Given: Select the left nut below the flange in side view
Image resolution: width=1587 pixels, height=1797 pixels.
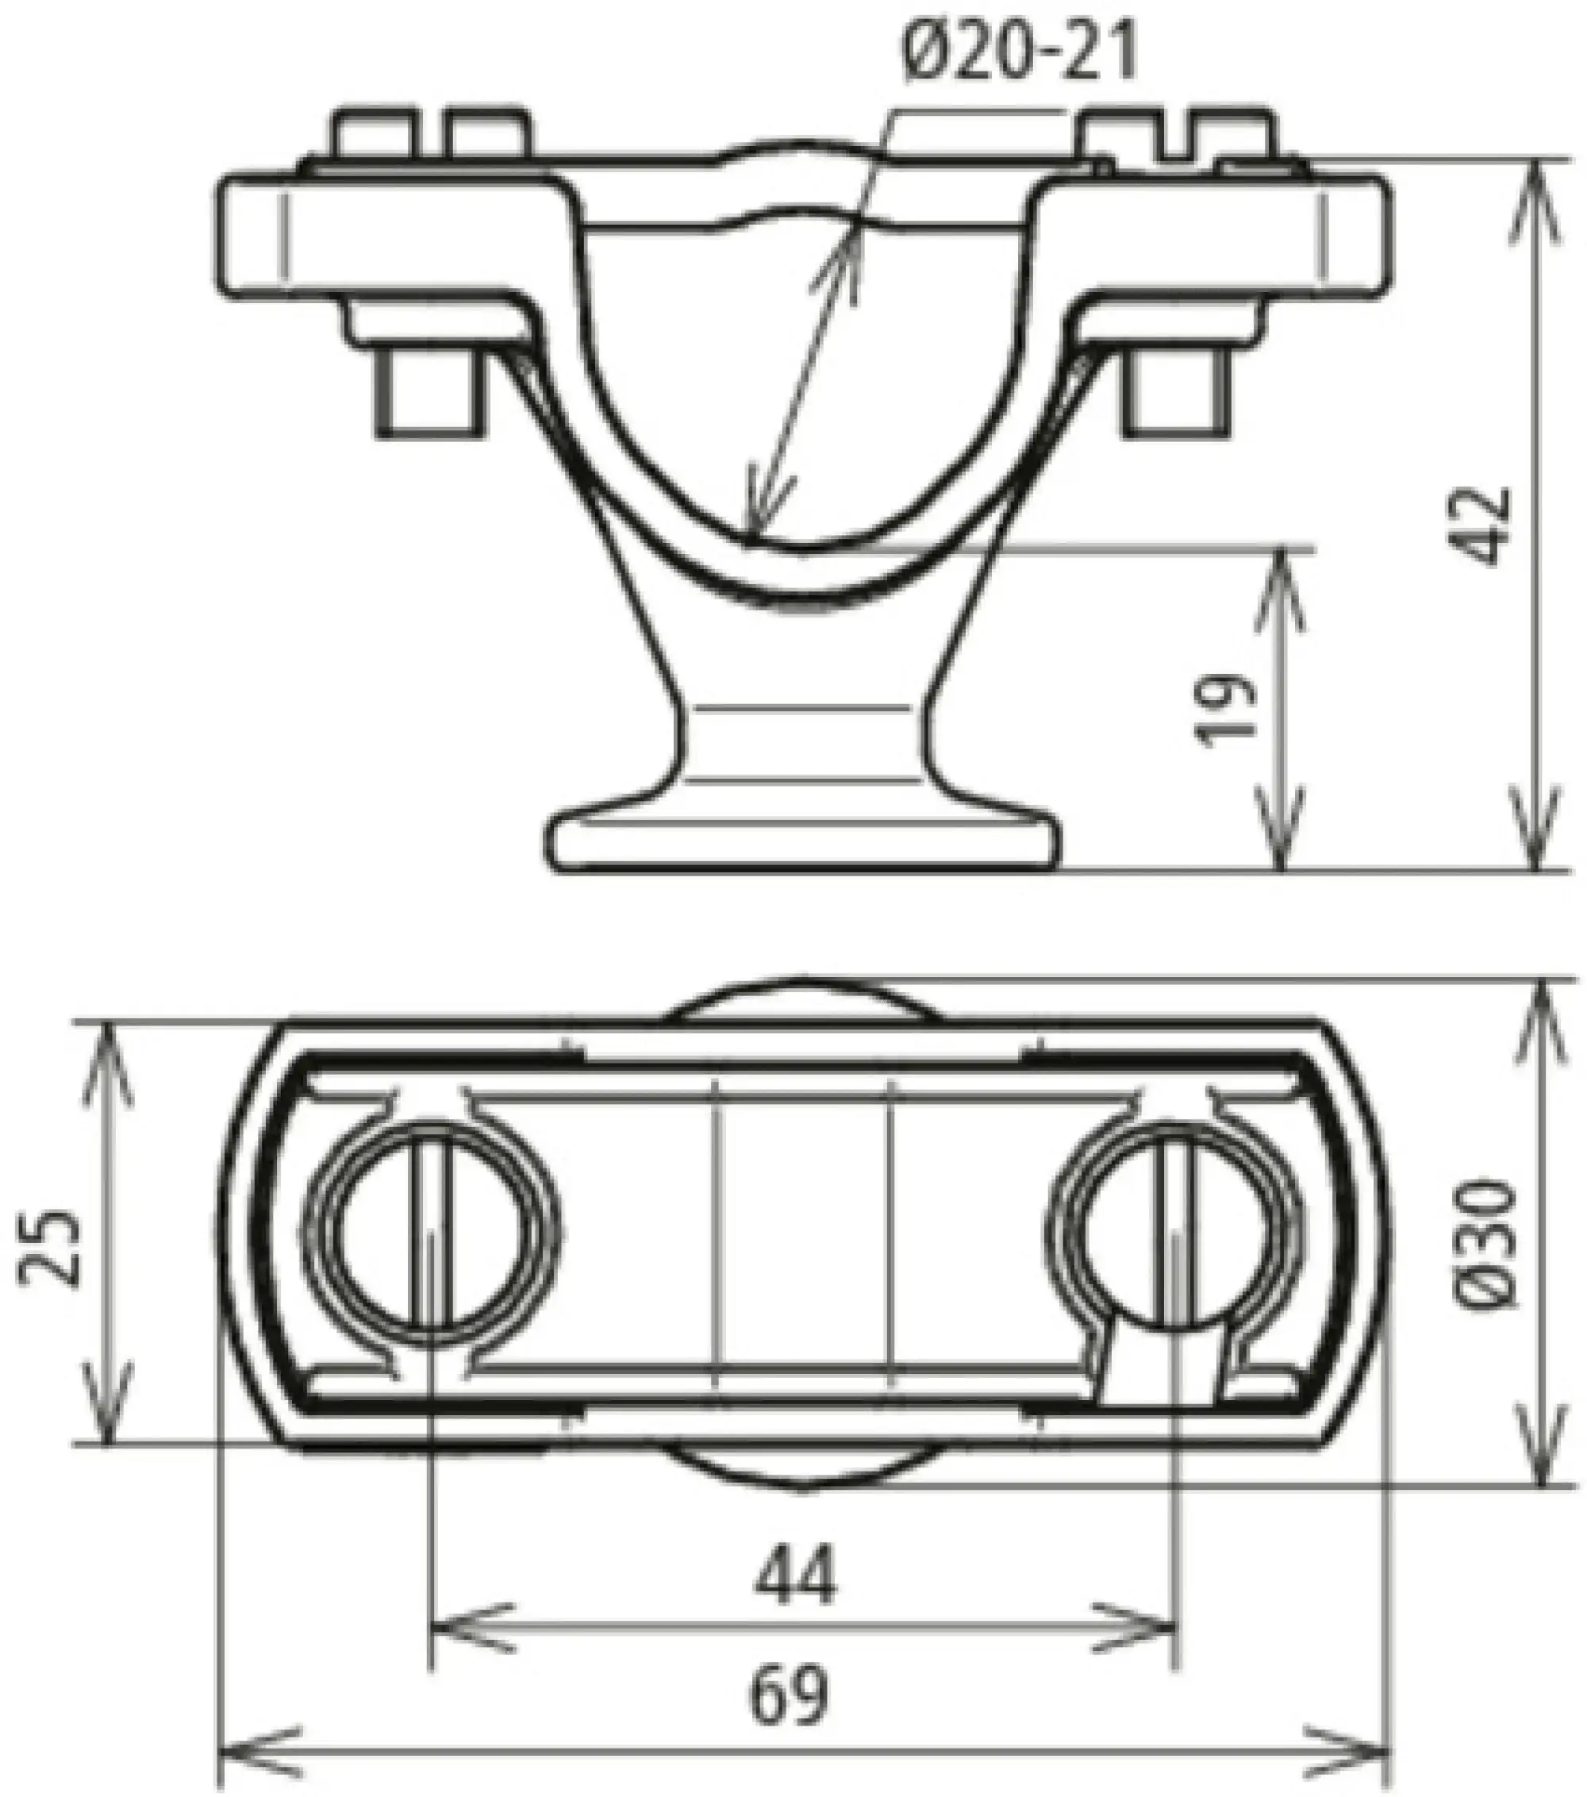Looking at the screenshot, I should (x=430, y=394).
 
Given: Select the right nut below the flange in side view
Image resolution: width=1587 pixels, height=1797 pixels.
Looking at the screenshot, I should (x=1178, y=394).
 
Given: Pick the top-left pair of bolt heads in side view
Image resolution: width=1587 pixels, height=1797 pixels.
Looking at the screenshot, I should (x=431, y=133).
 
